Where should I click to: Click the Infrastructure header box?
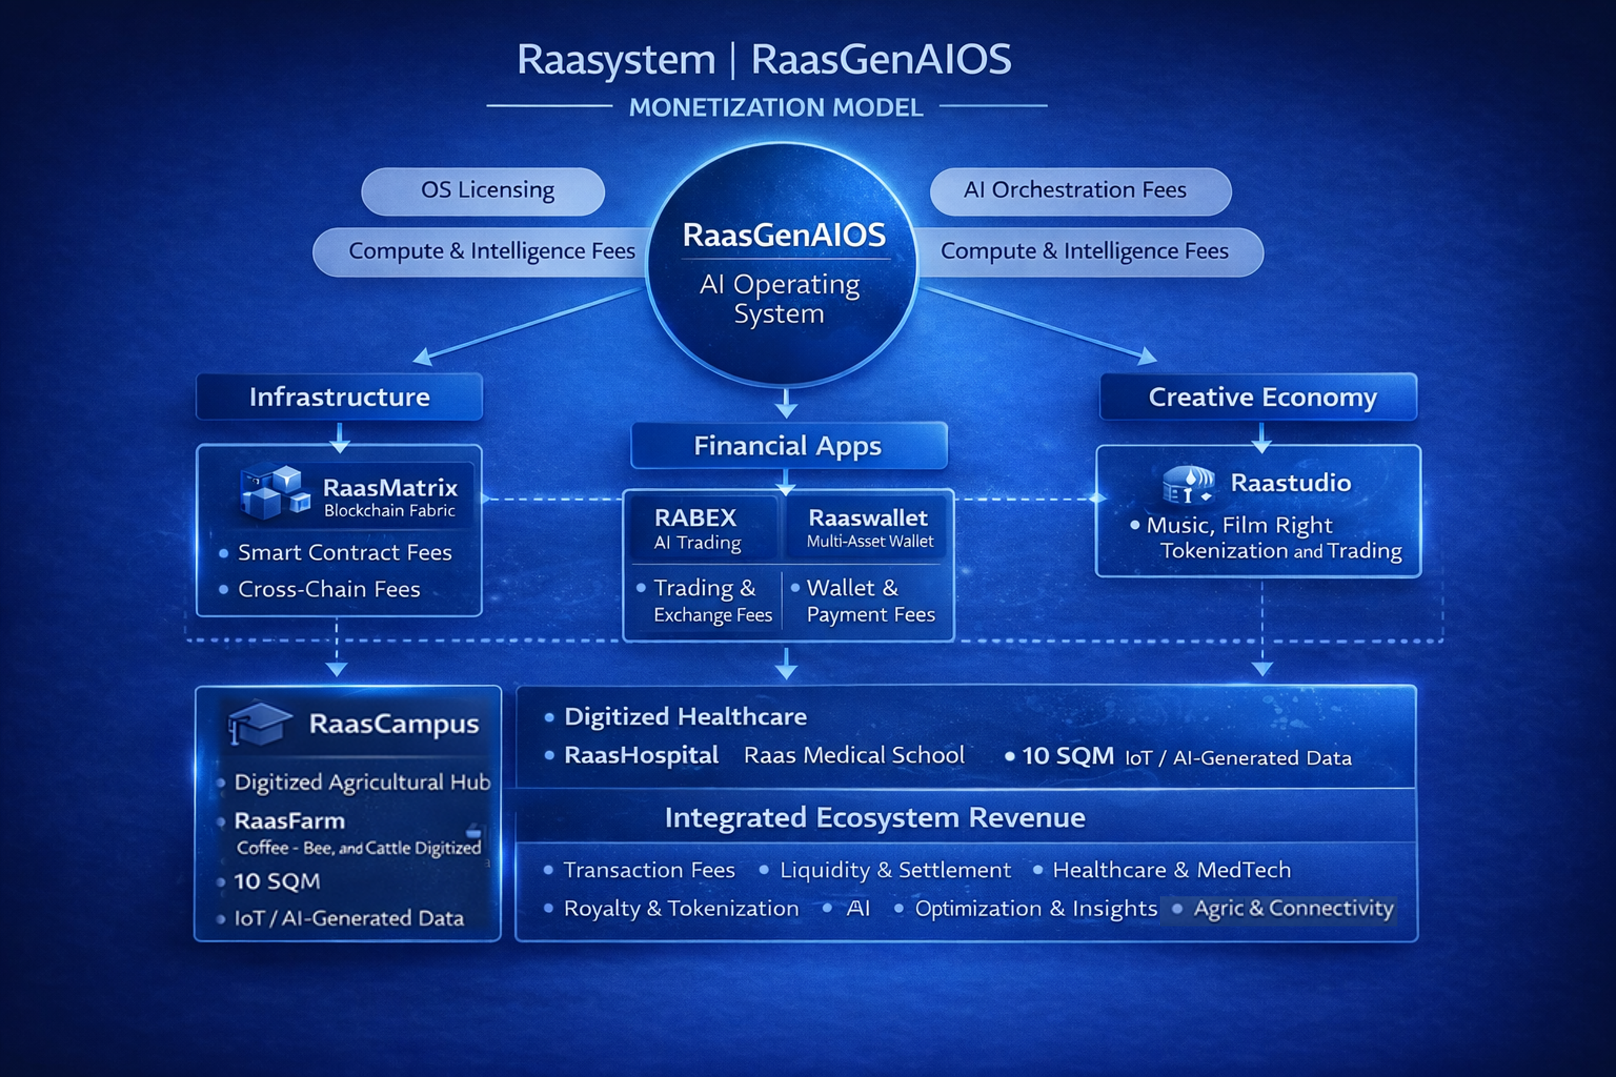(340, 397)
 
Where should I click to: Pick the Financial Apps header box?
(788, 446)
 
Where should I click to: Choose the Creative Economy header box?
(1258, 397)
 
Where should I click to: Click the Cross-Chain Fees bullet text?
(328, 589)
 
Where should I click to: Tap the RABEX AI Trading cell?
(701, 527)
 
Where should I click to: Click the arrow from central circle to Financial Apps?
(786, 404)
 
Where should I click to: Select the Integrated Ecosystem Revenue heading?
(875, 817)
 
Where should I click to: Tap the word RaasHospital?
(641, 755)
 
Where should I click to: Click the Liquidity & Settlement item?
(895, 870)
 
